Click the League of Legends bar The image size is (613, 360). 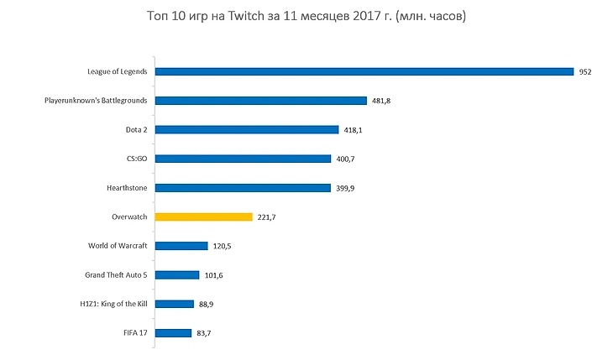[364, 72]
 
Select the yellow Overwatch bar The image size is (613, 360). [204, 217]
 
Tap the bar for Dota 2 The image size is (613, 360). [247, 130]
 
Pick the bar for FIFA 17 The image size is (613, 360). [174, 333]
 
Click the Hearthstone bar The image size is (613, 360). [244, 188]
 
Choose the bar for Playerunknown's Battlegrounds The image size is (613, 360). [261, 101]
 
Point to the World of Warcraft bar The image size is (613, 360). [181, 246]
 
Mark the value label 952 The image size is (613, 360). [586, 72]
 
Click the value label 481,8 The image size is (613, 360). [382, 101]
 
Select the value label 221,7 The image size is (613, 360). [268, 217]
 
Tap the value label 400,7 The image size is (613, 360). [346, 159]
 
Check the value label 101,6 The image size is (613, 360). [214, 275]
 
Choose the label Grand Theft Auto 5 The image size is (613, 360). [116, 274]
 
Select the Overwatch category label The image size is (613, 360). [129, 217]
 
